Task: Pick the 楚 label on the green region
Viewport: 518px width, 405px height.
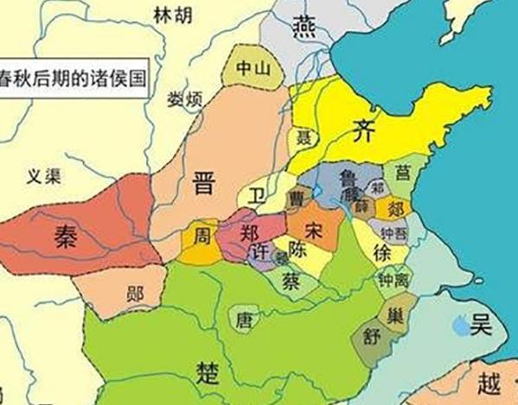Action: point(208,373)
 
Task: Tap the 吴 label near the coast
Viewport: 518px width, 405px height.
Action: point(480,326)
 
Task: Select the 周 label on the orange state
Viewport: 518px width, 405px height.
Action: point(201,235)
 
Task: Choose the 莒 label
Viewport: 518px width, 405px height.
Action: point(403,172)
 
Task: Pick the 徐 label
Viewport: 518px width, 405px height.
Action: point(382,252)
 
